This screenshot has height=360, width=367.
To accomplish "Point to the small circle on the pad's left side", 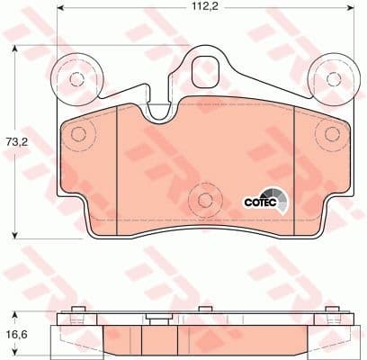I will point(78,136).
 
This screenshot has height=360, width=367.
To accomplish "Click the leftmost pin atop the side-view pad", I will point(78,315).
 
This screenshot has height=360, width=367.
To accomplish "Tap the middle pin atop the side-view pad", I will point(204,315).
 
